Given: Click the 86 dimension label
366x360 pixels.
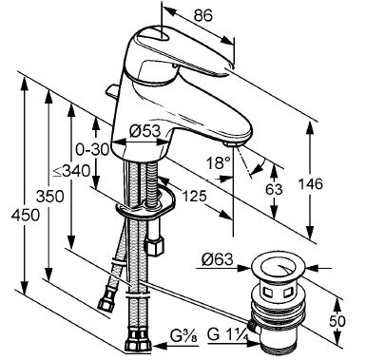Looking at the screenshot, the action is tap(203, 15).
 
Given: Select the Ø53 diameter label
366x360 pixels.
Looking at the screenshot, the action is tap(144, 131).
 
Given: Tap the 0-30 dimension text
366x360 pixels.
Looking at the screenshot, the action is tap(92, 149).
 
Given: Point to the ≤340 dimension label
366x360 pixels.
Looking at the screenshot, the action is tap(71, 171).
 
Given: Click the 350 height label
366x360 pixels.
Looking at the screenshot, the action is tap(49, 197).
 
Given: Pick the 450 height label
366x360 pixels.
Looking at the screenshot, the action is tap(26, 216).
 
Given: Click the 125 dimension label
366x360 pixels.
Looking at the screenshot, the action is tap(194, 197).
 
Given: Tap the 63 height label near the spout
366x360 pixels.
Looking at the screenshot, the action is tap(274, 189).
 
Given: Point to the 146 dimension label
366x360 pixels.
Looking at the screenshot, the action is tap(310, 183).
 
